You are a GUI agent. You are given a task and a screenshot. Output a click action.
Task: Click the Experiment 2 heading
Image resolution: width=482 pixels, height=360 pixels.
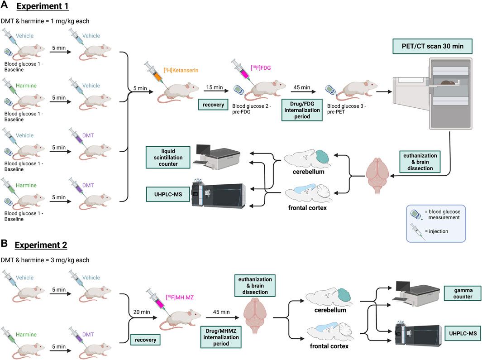point(41,245)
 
